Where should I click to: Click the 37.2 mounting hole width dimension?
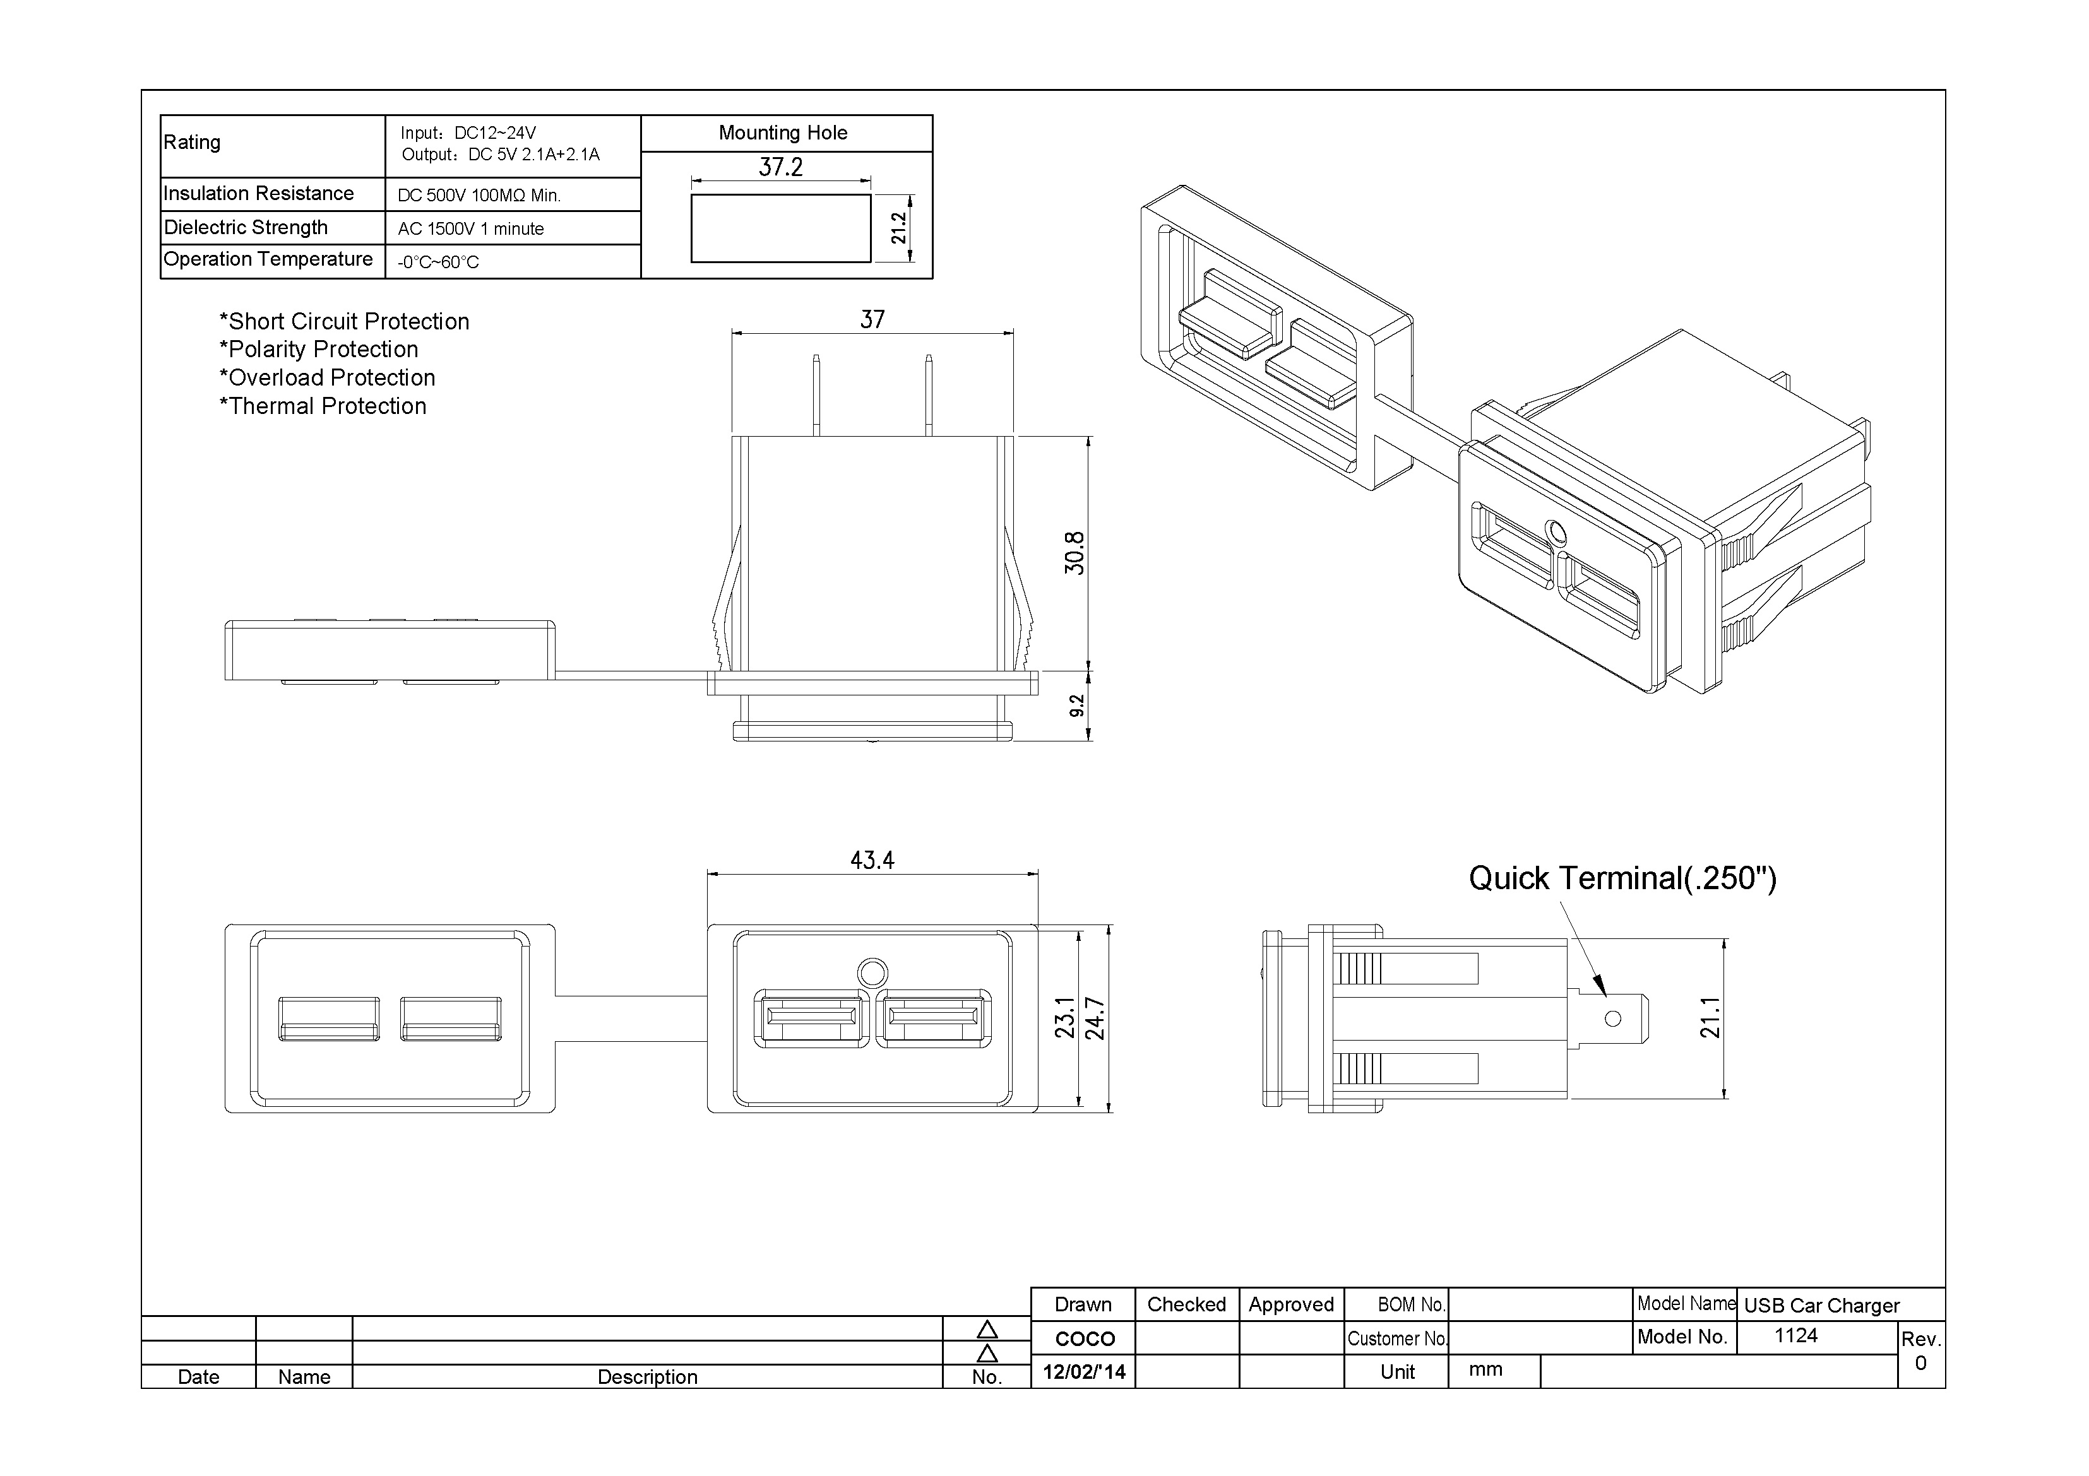pos(781,167)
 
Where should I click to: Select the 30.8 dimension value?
pos(1074,553)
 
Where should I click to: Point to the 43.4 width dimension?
pos(872,859)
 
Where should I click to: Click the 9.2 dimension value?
pos(1076,706)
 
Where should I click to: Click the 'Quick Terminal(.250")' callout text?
pos(1622,878)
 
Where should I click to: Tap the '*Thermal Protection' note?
pos(323,406)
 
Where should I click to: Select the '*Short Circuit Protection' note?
pos(344,321)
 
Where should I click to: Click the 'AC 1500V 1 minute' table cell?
pos(470,229)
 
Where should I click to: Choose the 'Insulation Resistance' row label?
pos(258,194)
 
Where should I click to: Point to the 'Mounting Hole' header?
pos(782,133)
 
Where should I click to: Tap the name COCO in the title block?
pos(1085,1338)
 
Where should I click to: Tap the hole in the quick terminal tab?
pos(1613,1018)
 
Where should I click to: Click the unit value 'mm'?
pos(1485,1369)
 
